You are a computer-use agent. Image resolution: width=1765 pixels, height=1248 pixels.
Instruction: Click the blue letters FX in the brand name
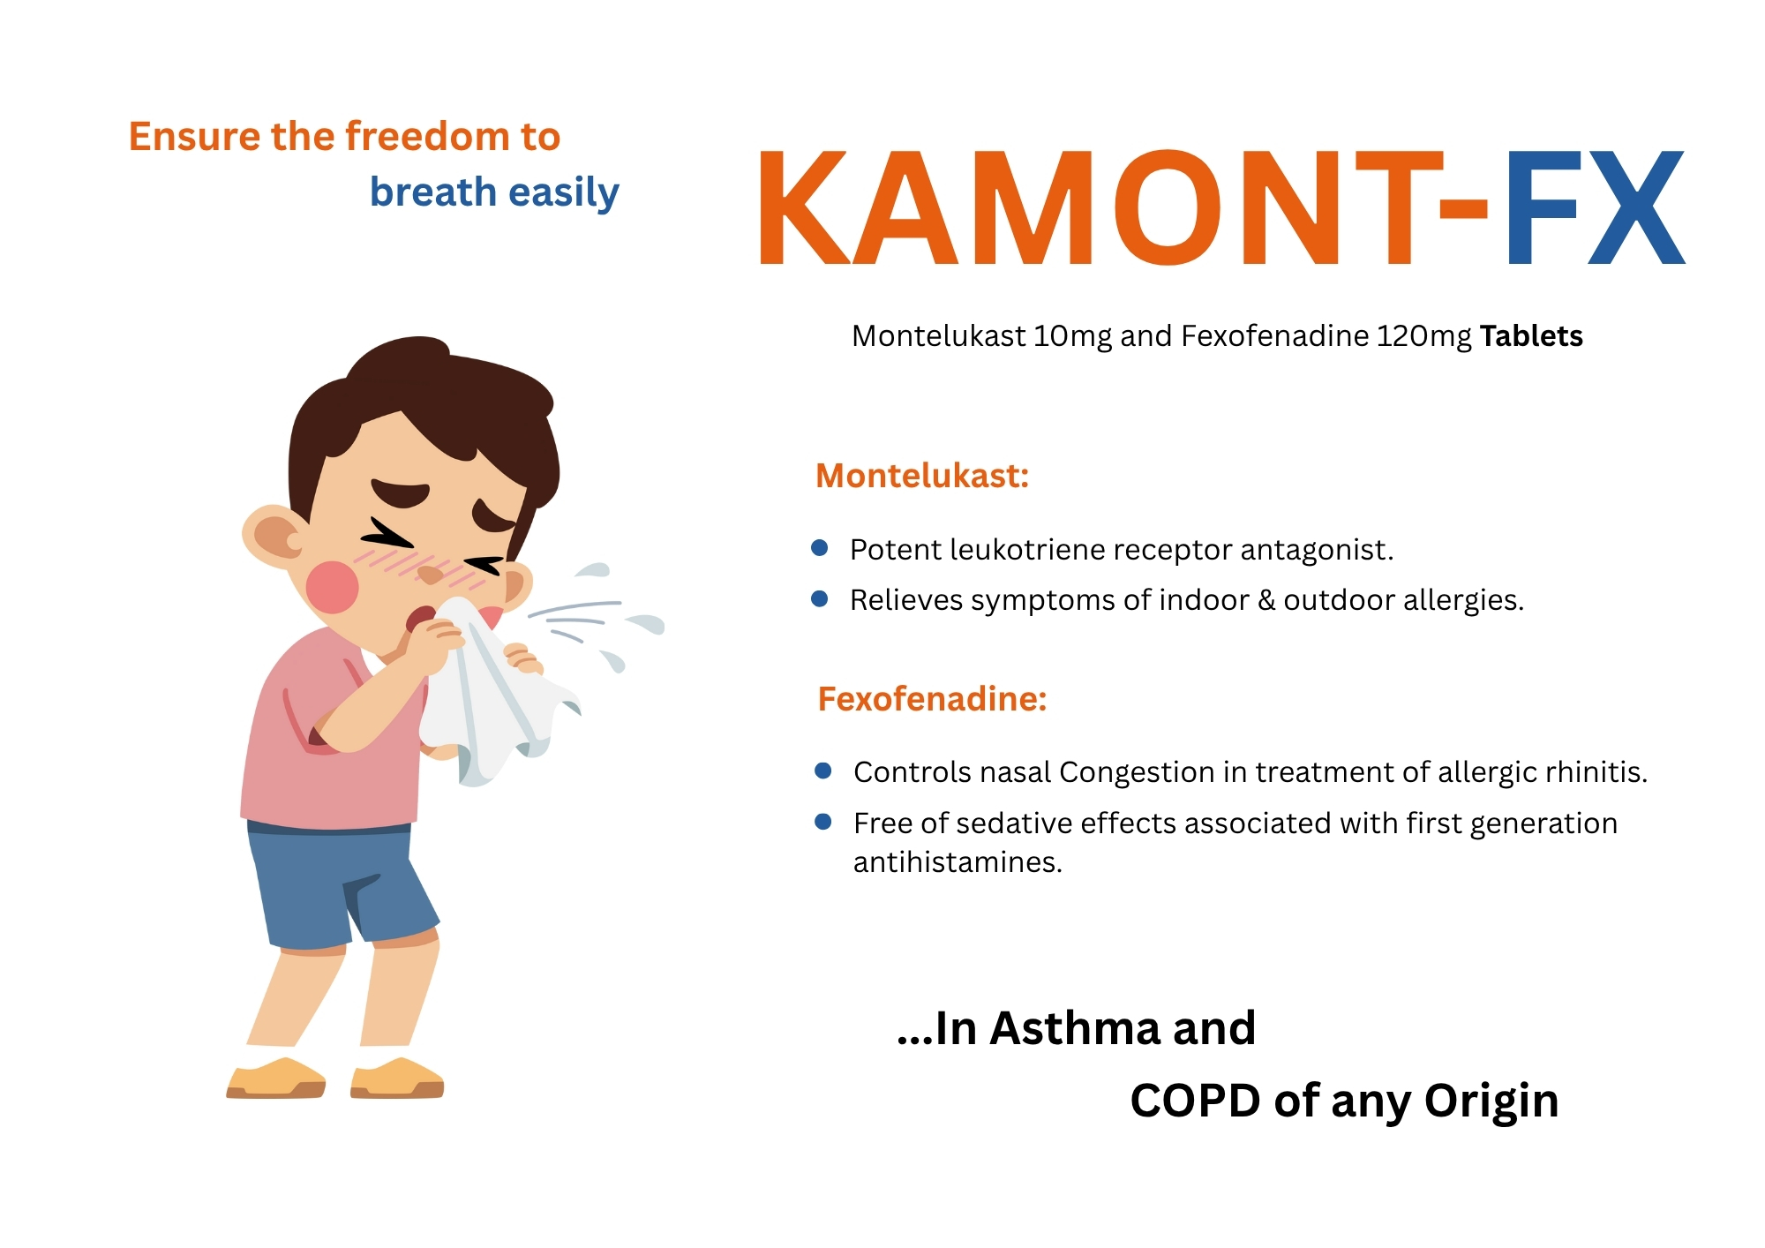tap(1595, 208)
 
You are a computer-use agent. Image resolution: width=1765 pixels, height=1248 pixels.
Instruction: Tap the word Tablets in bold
tap(1531, 336)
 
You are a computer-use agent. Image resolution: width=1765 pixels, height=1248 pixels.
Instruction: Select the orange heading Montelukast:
tap(922, 477)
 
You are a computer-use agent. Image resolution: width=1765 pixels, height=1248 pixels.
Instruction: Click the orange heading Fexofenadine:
tap(932, 699)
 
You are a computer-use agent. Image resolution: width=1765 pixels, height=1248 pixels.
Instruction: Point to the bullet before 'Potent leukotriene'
tap(820, 548)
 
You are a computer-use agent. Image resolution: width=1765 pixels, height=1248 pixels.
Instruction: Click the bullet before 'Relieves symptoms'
tap(820, 598)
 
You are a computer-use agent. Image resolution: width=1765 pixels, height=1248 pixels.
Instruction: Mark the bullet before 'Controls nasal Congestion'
tap(823, 771)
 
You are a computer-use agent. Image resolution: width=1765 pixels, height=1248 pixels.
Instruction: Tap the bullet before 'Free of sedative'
tap(823, 822)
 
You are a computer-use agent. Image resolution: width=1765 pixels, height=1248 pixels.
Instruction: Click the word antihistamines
tap(958, 862)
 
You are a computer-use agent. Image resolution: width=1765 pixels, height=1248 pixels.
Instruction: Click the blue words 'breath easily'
tap(494, 192)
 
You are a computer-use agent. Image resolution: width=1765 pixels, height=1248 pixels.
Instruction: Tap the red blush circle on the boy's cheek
tap(332, 587)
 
